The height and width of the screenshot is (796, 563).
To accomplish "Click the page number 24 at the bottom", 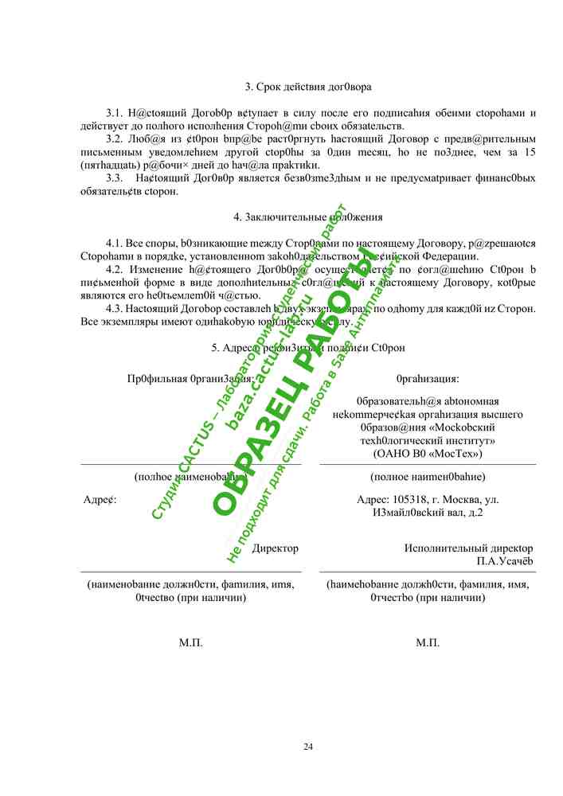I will tap(308, 746).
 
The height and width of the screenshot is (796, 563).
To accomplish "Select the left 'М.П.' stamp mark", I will tap(191, 642).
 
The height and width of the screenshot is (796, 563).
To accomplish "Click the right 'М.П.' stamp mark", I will tap(428, 642).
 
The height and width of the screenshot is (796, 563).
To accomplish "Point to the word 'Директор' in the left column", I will tap(275, 548).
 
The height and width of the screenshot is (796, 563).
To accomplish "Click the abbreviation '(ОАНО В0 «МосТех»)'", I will tap(428, 453).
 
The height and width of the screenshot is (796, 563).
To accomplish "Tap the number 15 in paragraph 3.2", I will tap(529, 151).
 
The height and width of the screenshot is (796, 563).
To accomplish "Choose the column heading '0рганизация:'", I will tap(428, 379).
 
